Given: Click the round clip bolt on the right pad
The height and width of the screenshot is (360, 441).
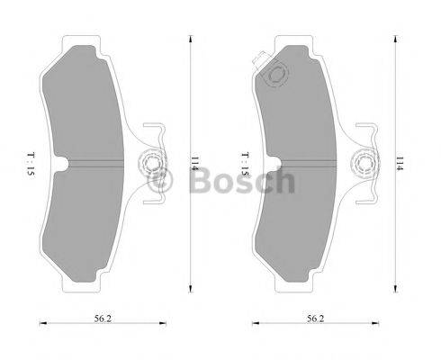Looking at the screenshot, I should (364, 166).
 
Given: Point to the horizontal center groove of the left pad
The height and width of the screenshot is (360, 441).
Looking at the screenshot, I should (103, 166).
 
